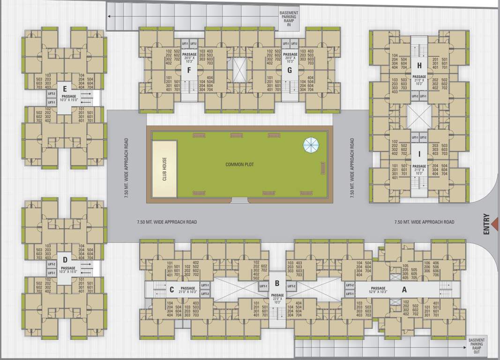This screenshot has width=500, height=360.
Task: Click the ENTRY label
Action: pyautogui.click(x=486, y=225)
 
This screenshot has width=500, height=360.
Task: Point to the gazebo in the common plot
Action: pyautogui.click(x=310, y=144)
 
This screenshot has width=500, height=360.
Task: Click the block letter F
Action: pyautogui.click(x=189, y=71)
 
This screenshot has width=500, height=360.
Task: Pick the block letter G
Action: pyautogui.click(x=290, y=71)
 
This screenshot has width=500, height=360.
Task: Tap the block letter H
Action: pyautogui.click(x=419, y=65)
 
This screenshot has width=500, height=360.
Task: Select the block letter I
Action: pyautogui.click(x=419, y=154)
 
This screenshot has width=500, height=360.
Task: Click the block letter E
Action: pyautogui.click(x=65, y=88)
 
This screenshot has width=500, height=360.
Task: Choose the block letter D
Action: pyautogui.click(x=65, y=259)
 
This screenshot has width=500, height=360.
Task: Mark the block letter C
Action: pyautogui.click(x=172, y=289)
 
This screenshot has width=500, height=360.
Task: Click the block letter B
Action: pyautogui.click(x=277, y=283)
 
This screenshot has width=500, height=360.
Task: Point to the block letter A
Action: pyautogui.click(x=404, y=289)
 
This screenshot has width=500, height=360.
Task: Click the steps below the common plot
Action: pyautogui.click(x=239, y=200)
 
